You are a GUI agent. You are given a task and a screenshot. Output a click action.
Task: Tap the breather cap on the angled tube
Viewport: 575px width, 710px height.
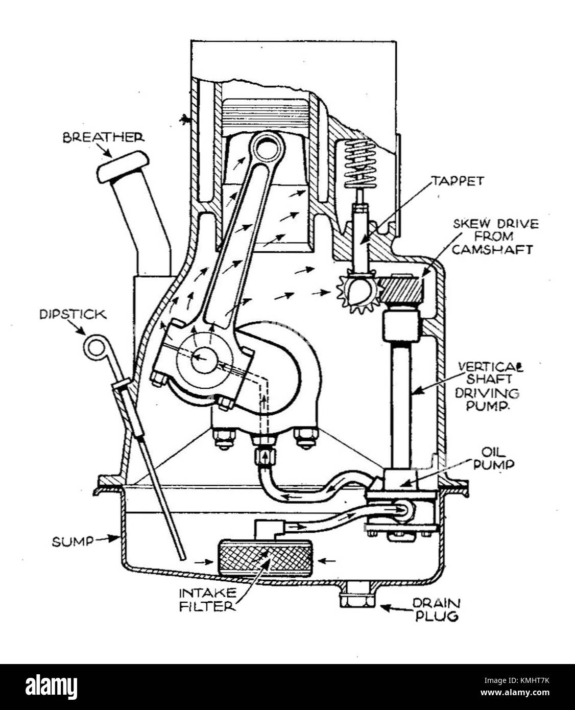pos(123,166)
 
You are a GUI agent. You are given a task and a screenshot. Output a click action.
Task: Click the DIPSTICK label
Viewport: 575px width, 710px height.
pos(73,314)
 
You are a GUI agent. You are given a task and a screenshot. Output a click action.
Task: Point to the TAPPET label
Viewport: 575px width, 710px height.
pos(457,181)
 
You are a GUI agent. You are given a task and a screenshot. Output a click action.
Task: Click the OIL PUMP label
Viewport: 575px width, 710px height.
pos(493,458)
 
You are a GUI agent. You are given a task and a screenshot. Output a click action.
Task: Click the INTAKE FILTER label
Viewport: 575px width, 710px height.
pos(207,600)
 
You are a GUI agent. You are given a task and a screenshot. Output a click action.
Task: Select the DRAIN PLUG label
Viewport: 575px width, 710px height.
pos(436,609)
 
